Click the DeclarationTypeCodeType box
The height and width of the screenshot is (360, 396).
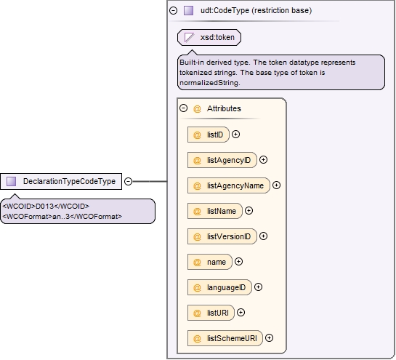click(x=61, y=181)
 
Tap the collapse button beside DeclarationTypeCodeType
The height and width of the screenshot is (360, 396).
click(x=129, y=181)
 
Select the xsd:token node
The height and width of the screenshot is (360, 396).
click(x=209, y=37)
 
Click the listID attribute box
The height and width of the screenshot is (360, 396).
click(x=209, y=135)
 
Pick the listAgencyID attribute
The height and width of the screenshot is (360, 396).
click(x=222, y=160)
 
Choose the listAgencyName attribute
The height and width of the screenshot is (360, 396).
click(x=229, y=185)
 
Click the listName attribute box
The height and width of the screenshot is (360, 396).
click(x=214, y=211)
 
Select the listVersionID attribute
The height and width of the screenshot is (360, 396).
click(x=222, y=236)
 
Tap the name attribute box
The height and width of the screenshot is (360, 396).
click(x=209, y=262)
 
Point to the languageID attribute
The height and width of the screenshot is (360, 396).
click(x=219, y=287)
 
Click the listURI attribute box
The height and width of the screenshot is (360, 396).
click(x=211, y=313)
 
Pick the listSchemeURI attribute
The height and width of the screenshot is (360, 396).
click(x=225, y=338)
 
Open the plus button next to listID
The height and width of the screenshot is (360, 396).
click(x=235, y=135)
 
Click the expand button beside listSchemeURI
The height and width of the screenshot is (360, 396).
click(x=270, y=338)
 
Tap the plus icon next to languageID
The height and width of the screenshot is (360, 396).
click(x=258, y=287)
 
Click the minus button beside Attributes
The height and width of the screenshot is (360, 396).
click(x=184, y=108)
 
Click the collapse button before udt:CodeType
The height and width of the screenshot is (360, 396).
click(x=173, y=10)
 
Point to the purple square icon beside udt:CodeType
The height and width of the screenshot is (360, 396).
click(x=188, y=10)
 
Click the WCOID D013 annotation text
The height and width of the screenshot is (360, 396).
click(x=46, y=207)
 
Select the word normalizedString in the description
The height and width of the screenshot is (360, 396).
click(x=209, y=83)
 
